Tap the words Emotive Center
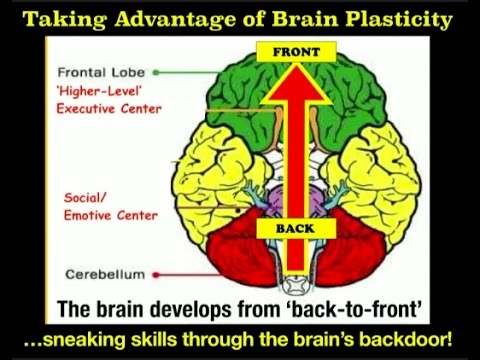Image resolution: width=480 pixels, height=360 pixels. click(111, 213)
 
